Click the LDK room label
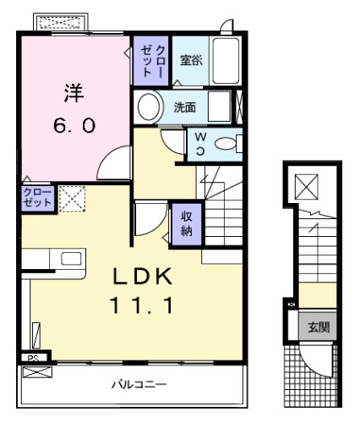click(x=143, y=276)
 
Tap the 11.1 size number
click(x=141, y=305)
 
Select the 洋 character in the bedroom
click(x=74, y=92)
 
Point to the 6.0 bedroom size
click(x=74, y=125)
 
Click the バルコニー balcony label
click(x=139, y=384)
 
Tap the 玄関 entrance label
click(x=319, y=327)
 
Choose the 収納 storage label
click(x=187, y=223)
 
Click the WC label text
click(x=200, y=144)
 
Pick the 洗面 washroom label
click(x=184, y=107)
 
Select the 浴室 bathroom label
click(x=191, y=60)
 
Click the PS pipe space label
click(x=33, y=358)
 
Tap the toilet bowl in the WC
click(x=225, y=144)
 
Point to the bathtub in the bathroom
click(x=226, y=61)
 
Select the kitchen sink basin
click(x=71, y=258)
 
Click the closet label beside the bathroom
click(x=152, y=61)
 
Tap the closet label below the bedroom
click(x=37, y=198)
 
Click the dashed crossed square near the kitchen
click(x=73, y=199)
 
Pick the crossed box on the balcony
click(x=37, y=372)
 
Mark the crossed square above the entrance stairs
click(x=306, y=186)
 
